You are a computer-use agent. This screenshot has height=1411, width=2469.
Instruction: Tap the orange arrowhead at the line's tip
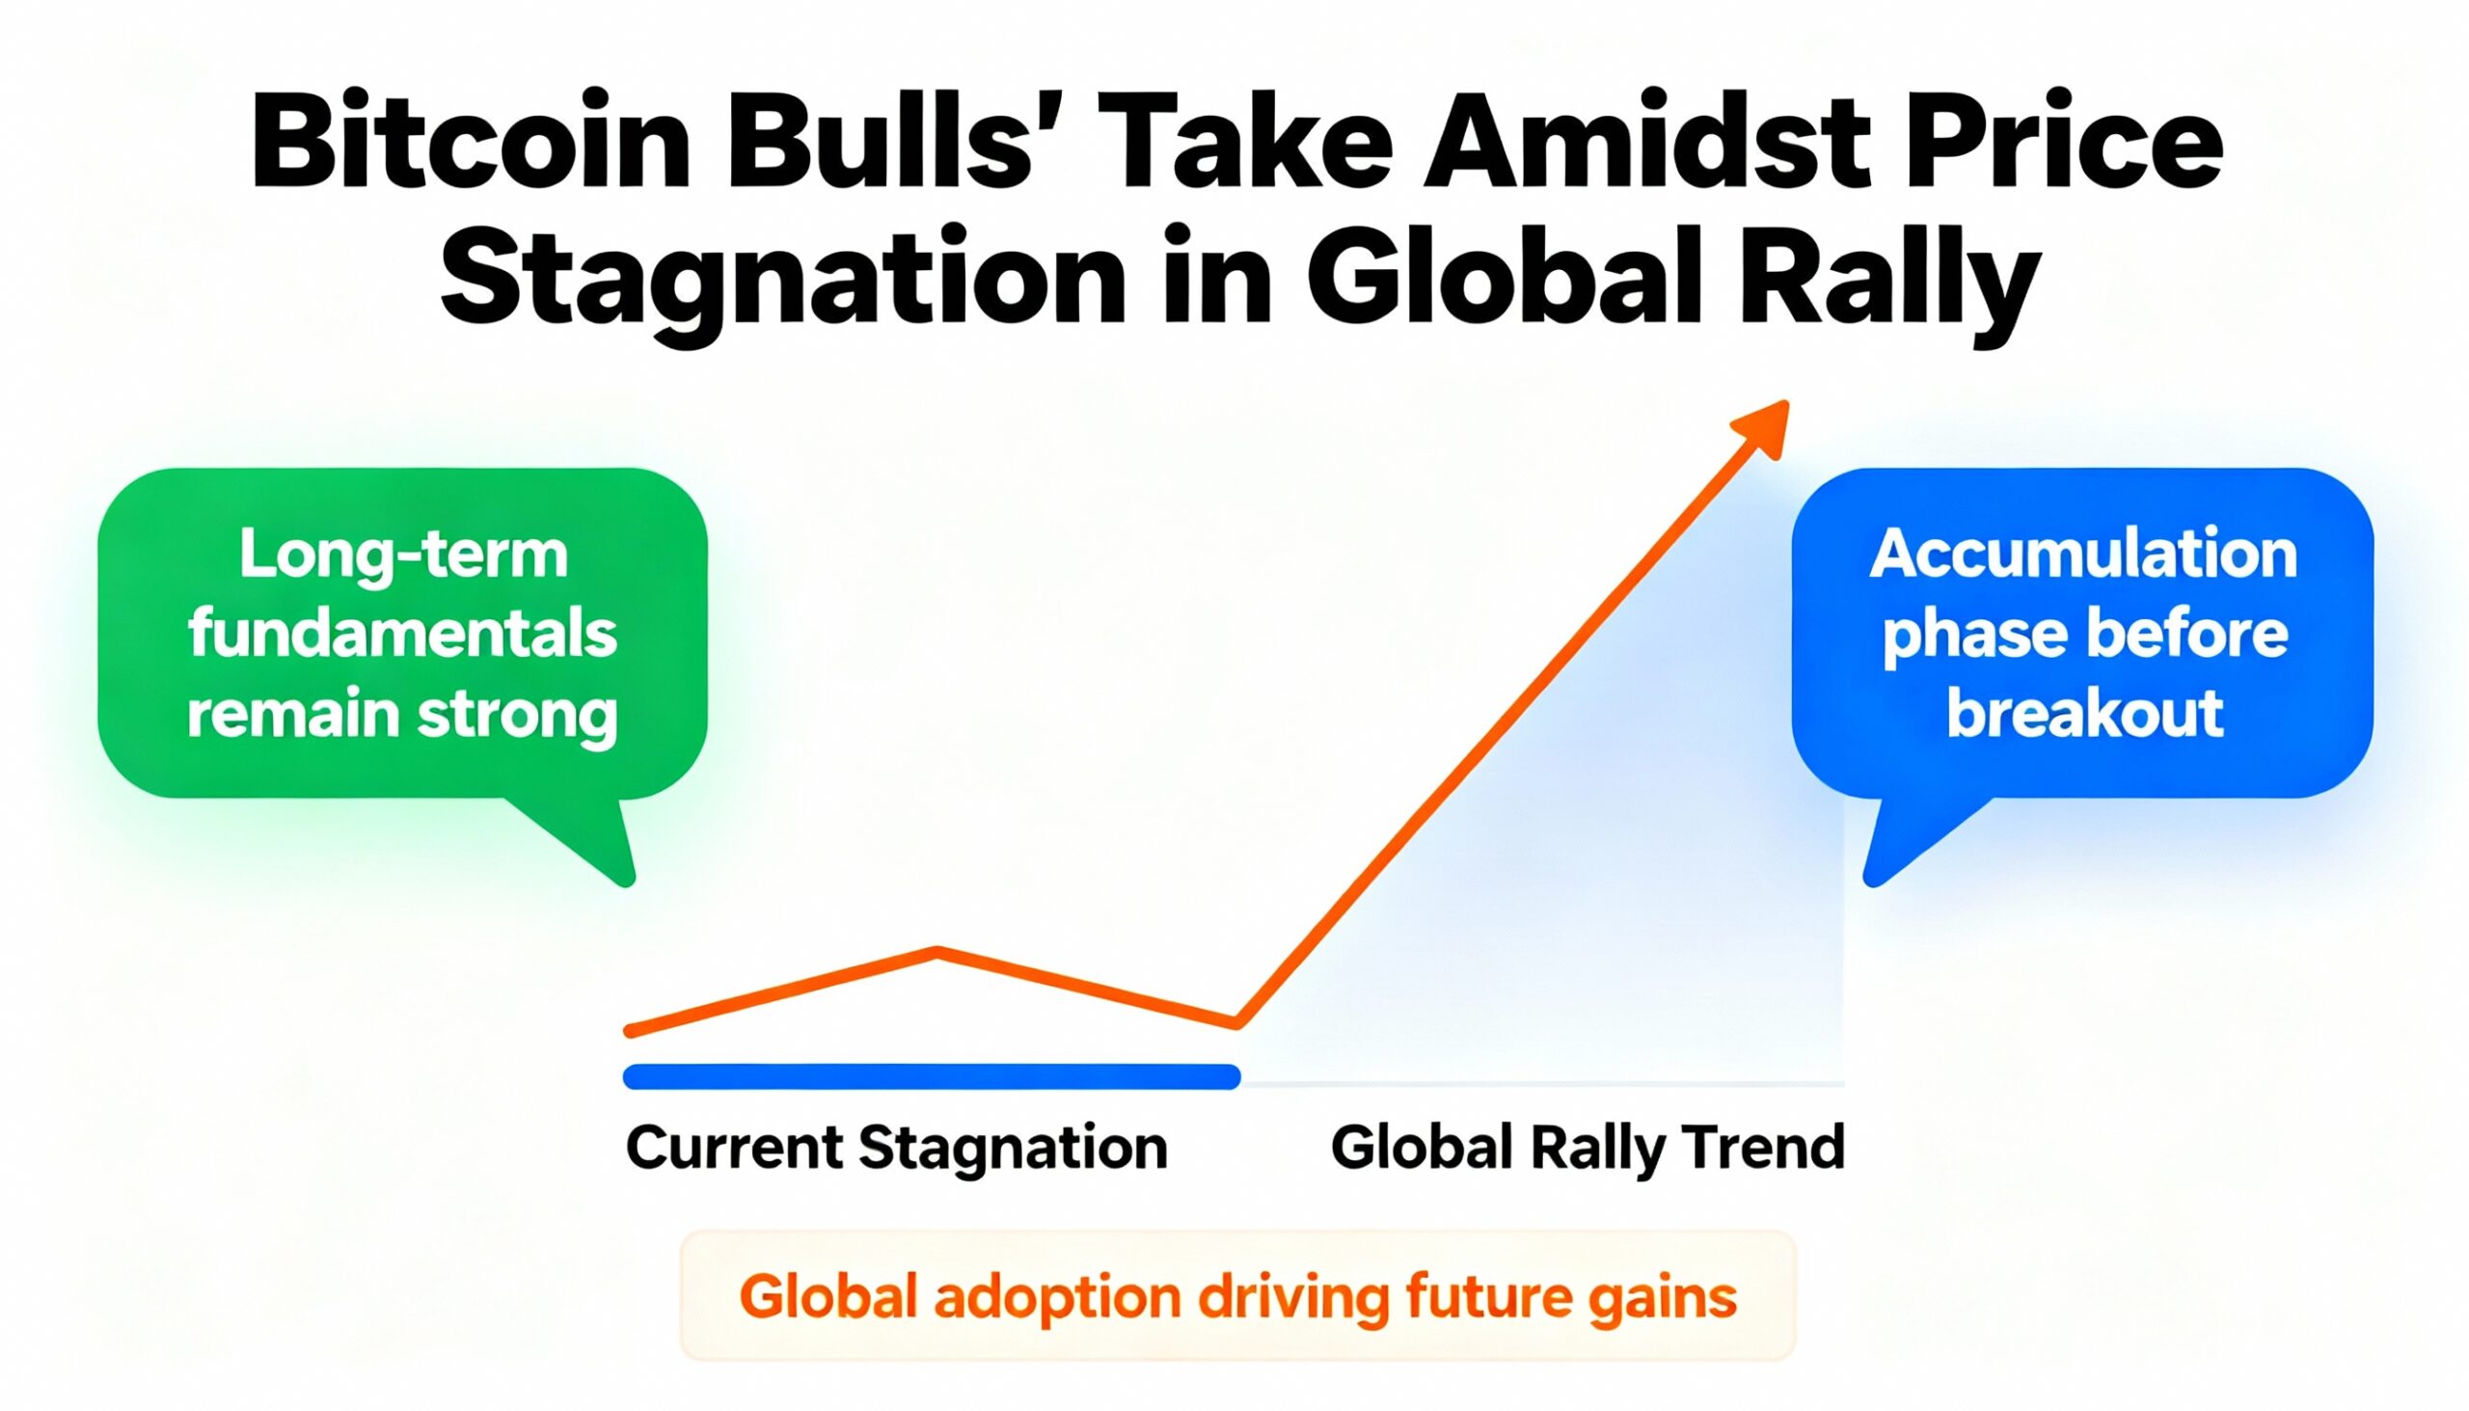point(1763,428)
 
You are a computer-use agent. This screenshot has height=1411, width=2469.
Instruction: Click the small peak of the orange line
point(937,953)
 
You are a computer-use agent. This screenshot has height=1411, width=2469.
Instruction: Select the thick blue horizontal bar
point(932,1075)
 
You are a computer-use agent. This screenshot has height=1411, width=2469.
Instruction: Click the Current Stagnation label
point(896,1149)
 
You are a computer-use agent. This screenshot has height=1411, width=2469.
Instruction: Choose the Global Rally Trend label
point(1587,1149)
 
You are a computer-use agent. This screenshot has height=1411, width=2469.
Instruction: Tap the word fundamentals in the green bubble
point(402,634)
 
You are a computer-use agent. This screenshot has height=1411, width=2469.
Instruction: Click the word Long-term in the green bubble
point(403,555)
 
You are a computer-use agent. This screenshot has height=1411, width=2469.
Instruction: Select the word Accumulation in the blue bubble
point(2083,555)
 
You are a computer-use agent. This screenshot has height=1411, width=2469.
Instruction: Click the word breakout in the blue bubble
point(2084,714)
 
